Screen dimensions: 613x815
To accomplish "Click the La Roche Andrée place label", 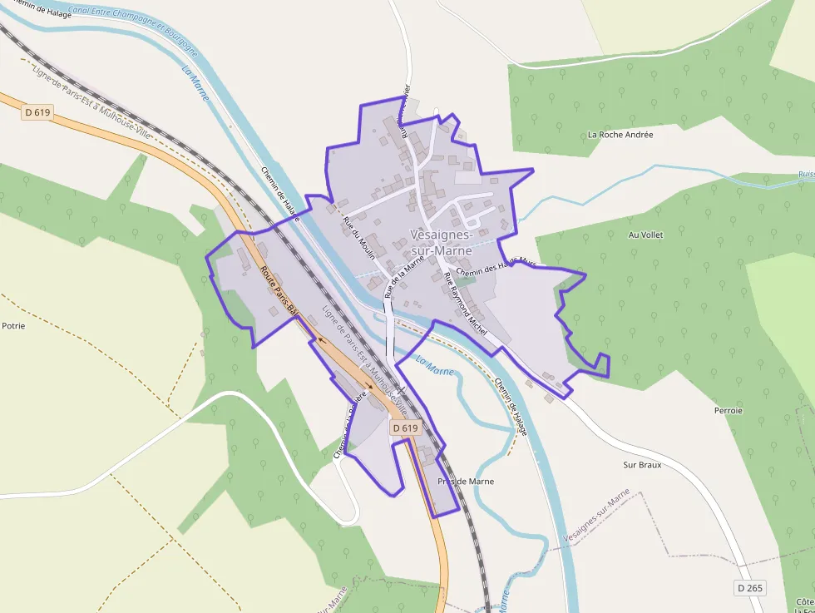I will point(620,134).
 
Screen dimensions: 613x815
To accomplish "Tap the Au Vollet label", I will point(645,235).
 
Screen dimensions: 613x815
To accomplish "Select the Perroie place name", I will point(728,410).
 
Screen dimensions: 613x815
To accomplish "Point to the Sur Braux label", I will point(642,465).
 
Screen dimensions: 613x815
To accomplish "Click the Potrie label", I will point(13,325).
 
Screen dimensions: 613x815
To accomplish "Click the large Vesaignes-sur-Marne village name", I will point(441,243).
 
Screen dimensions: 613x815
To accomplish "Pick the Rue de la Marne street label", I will point(406,274).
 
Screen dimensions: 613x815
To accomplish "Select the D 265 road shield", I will point(749,588).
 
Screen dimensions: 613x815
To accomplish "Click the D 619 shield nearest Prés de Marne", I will point(405,428).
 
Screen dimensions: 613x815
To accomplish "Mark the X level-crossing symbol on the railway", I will point(400,390).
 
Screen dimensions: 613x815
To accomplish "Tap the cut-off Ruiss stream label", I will point(805,175).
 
